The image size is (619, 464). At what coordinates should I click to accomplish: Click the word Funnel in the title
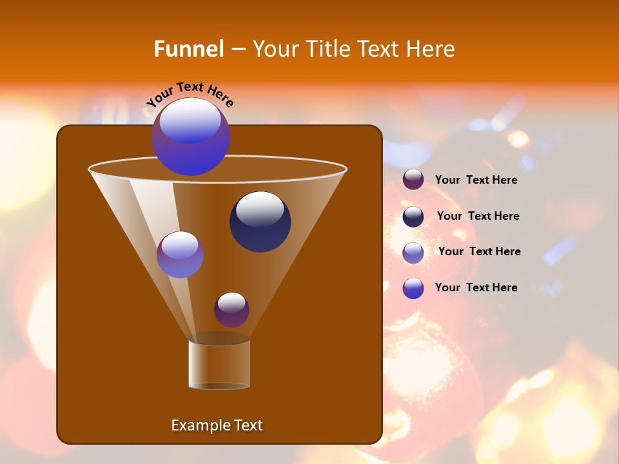point(188,49)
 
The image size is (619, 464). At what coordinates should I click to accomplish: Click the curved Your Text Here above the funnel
point(190,94)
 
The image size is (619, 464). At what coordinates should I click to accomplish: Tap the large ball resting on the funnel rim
point(191,137)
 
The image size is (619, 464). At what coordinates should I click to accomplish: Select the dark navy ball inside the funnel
point(260,222)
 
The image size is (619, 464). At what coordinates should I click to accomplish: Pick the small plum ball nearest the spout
point(231,310)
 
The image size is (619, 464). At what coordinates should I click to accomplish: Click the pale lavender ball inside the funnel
point(180,255)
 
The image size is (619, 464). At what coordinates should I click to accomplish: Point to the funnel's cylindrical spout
point(219,364)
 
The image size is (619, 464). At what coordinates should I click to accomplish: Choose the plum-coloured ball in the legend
point(413,180)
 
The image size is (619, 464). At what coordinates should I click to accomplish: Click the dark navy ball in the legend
point(413,217)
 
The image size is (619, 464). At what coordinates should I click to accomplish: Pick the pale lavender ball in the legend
point(413,252)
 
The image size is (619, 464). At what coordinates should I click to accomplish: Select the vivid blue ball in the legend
point(413,288)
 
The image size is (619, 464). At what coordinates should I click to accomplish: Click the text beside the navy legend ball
point(478,217)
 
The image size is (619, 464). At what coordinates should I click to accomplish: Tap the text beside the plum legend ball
point(476,180)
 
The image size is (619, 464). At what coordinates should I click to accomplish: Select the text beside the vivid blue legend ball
point(476,288)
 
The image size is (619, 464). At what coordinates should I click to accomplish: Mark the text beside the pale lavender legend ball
point(479,252)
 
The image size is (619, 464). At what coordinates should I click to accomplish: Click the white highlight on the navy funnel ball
point(260,209)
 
